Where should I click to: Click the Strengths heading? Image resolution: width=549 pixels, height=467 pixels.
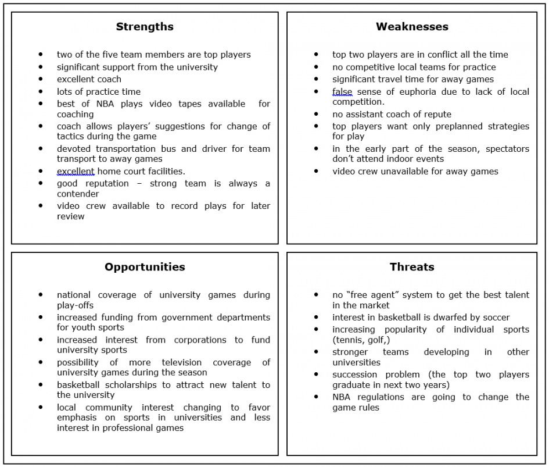(145, 27)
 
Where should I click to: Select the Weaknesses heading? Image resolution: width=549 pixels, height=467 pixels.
(412, 27)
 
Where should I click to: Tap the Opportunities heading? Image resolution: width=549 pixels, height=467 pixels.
(145, 267)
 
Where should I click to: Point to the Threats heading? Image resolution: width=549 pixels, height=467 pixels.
(412, 267)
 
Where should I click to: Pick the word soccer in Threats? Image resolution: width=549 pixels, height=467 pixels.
(496, 318)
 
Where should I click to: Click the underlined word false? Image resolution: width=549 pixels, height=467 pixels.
(342, 92)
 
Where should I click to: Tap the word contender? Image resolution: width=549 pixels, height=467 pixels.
(78, 194)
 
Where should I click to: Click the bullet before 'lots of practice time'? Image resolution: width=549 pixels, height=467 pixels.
(41, 92)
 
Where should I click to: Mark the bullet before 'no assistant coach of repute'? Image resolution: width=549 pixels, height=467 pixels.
(317, 115)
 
